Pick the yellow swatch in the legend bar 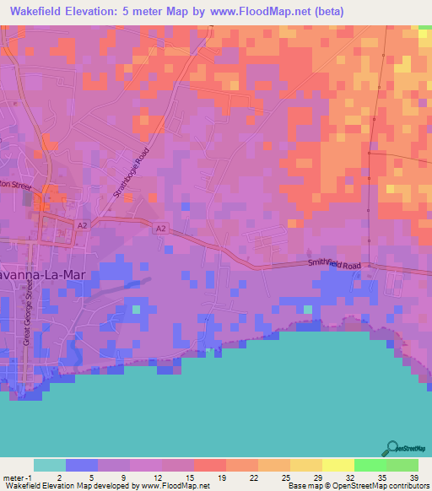337,465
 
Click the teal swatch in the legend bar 49,465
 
